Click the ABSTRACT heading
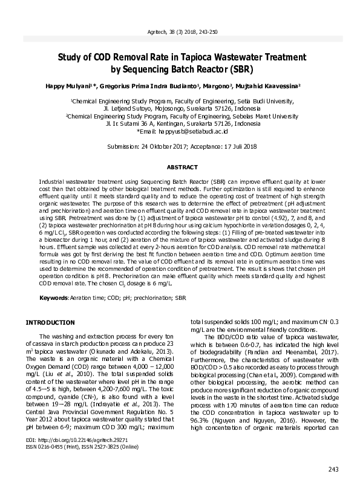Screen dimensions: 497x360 point(180,167)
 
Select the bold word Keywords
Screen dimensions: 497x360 point(53,298)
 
